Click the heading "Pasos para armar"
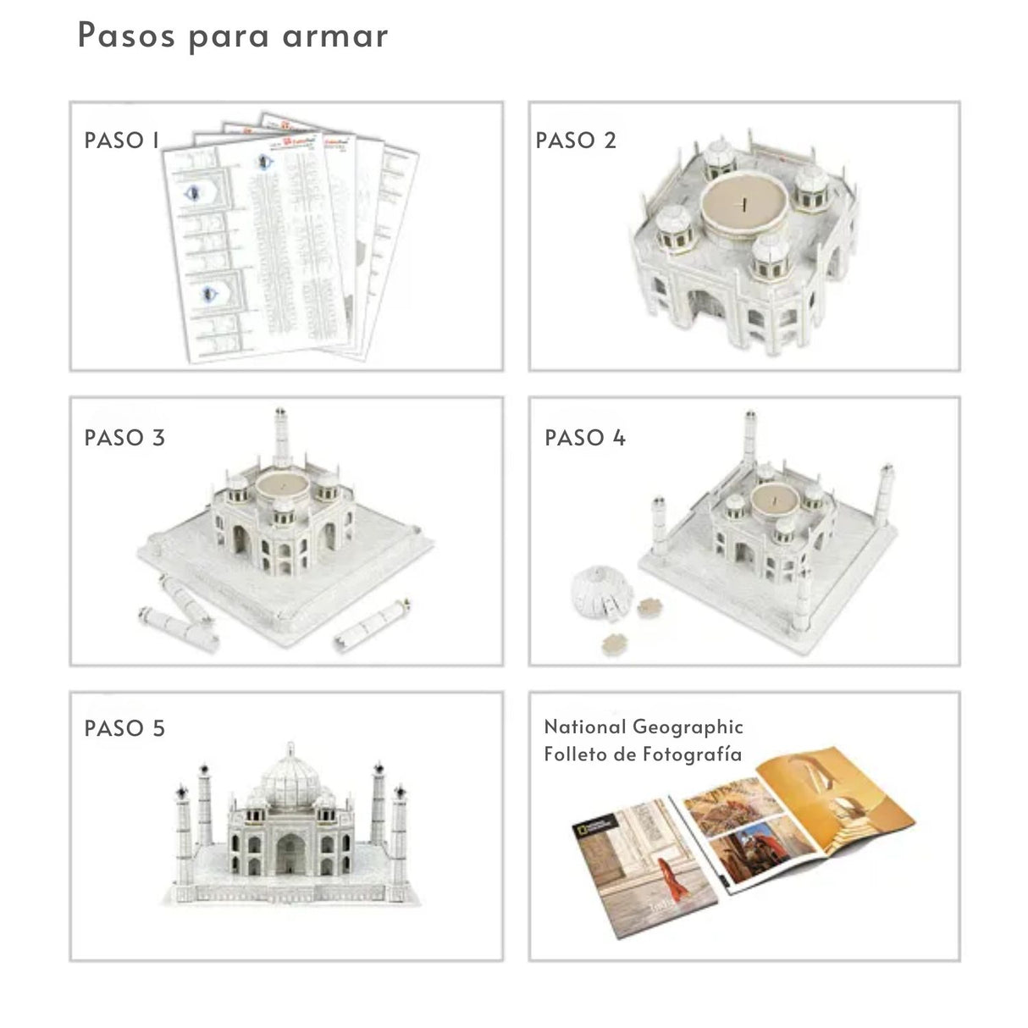233,36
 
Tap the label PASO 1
122,141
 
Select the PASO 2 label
576,141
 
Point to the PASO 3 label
124,438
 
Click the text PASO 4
584,438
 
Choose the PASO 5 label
124,728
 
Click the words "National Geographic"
644,727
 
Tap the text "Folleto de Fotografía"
643,754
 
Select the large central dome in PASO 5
290,776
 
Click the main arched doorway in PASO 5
290,854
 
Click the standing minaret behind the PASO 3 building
280,438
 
